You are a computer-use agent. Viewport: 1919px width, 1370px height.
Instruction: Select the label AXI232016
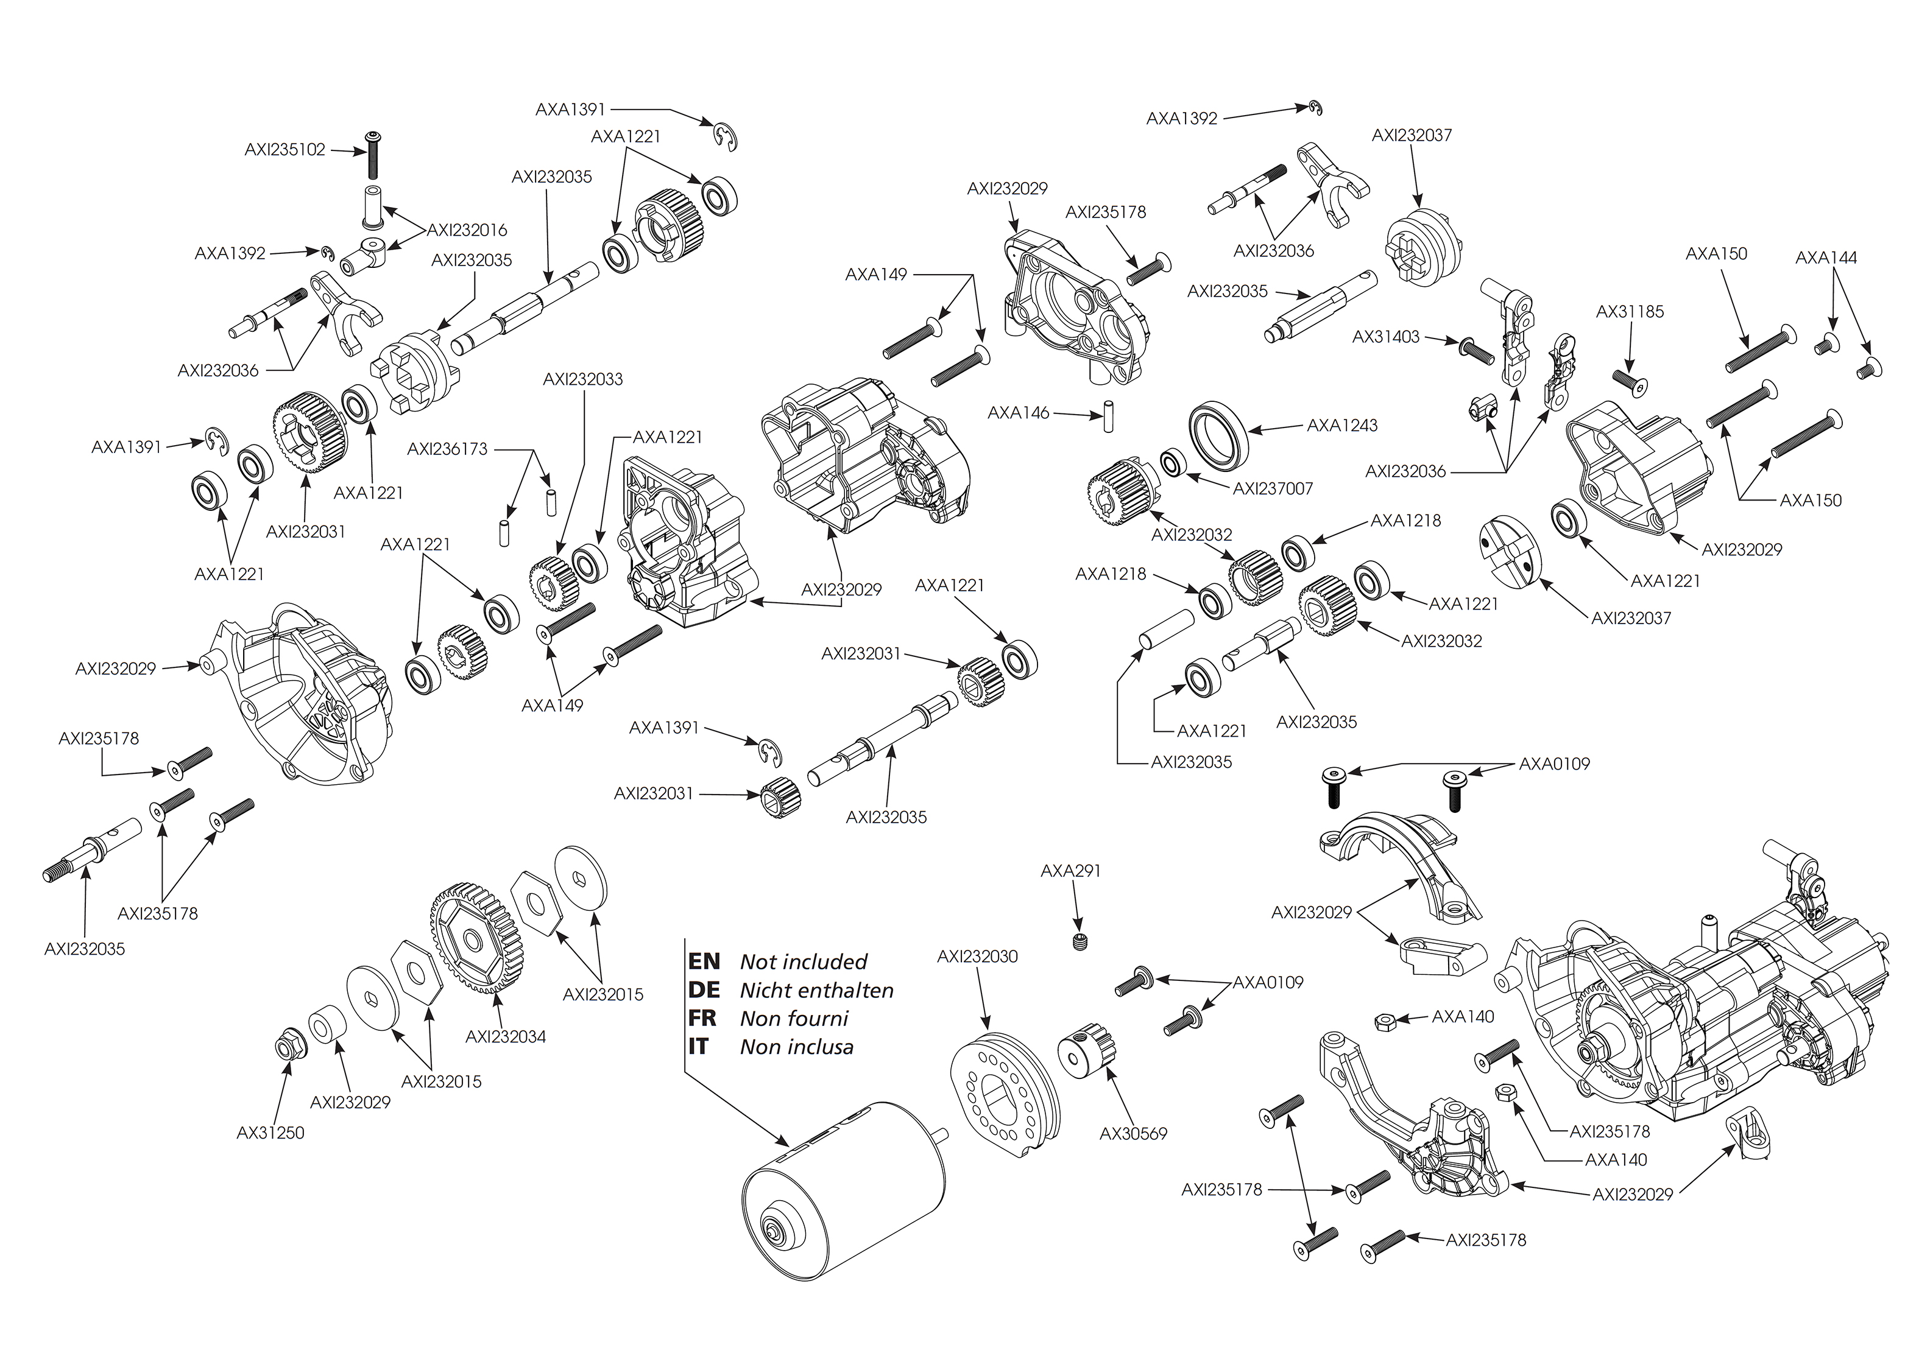tap(467, 230)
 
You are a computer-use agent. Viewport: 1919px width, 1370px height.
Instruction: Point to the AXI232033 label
tap(582, 379)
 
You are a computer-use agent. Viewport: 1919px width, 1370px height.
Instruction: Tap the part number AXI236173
tap(447, 449)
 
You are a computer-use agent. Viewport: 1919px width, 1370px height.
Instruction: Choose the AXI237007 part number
tap(1273, 488)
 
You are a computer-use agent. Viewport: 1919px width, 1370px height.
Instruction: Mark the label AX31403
tap(1386, 337)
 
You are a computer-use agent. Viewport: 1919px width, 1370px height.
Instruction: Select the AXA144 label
tap(1825, 258)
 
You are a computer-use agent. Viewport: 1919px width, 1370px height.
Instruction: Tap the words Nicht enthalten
tap(816, 991)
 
